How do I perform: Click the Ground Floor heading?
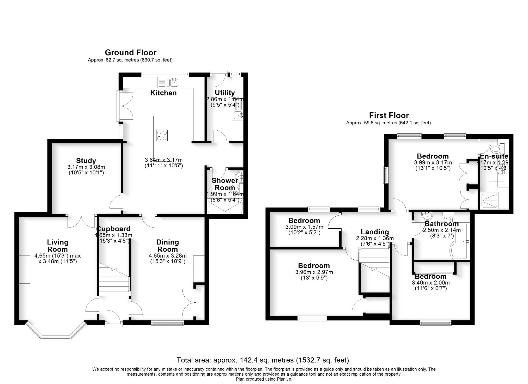(130, 53)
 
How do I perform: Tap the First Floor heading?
(389, 115)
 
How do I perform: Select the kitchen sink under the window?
(173, 83)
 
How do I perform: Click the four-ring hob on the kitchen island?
(162, 136)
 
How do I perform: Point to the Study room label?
(86, 161)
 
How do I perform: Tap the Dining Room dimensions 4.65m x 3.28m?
(168, 256)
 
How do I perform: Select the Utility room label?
(224, 93)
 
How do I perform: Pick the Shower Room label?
(225, 184)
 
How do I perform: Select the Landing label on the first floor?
(375, 232)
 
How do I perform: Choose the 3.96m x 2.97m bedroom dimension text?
(314, 272)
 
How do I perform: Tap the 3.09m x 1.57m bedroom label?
(304, 221)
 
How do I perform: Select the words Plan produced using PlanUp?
(264, 379)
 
